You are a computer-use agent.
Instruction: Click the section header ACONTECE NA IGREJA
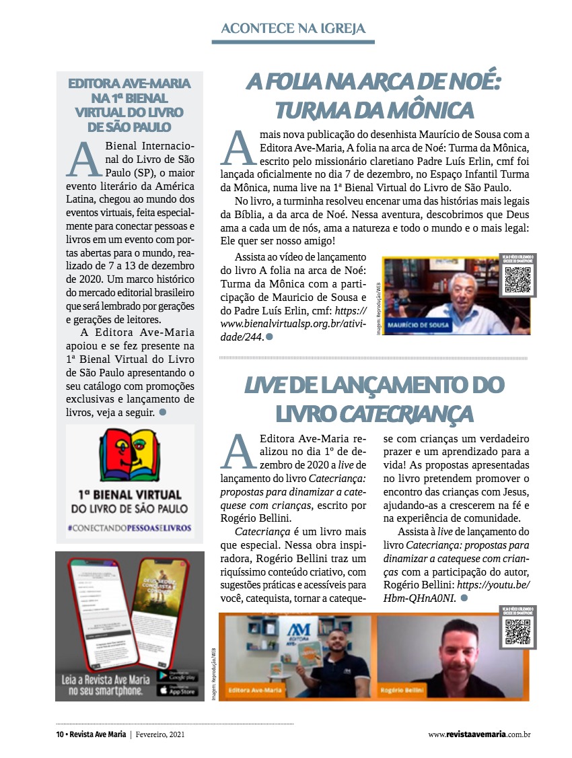click(293, 28)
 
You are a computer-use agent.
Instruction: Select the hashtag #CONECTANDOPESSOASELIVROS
click(129, 528)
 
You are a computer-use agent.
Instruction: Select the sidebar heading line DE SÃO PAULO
click(129, 127)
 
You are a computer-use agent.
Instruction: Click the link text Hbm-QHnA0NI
click(420, 597)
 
